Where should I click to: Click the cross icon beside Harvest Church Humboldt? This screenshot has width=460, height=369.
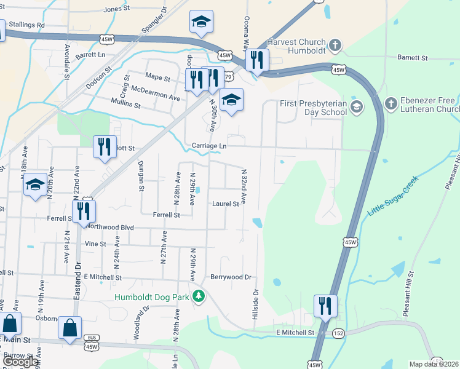(x=335, y=45)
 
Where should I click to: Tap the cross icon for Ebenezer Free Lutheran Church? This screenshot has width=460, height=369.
(x=390, y=103)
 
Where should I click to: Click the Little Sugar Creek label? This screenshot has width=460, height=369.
(x=392, y=195)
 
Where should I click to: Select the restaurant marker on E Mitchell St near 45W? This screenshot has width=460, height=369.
(x=325, y=306)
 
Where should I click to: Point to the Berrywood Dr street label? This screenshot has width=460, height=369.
(x=231, y=277)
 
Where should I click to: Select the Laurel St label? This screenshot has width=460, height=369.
(x=225, y=204)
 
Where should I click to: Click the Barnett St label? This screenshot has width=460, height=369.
(x=412, y=58)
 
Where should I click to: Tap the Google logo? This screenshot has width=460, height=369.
(x=21, y=362)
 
